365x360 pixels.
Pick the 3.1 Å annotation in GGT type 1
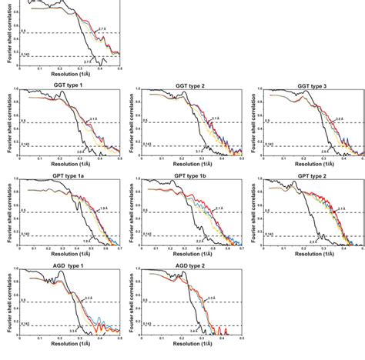click(93, 118)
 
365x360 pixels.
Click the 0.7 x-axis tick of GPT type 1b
click(241, 249)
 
